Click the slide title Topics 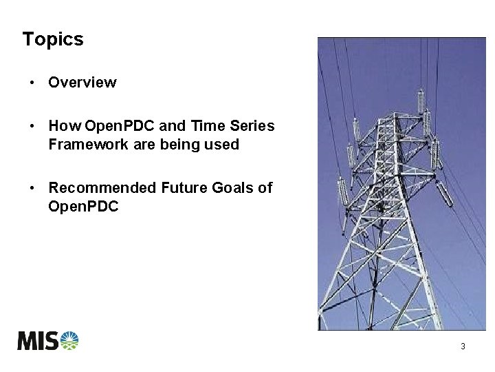click(x=53, y=39)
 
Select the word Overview click(x=82, y=83)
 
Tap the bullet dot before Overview click(x=32, y=83)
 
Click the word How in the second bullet click(x=65, y=126)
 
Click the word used click(x=222, y=144)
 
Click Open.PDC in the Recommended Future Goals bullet click(x=83, y=206)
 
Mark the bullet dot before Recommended click(x=32, y=187)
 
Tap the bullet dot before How click(x=32, y=126)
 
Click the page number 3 click(x=463, y=347)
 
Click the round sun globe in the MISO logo click(x=69, y=340)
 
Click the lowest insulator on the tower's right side click(x=444, y=195)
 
